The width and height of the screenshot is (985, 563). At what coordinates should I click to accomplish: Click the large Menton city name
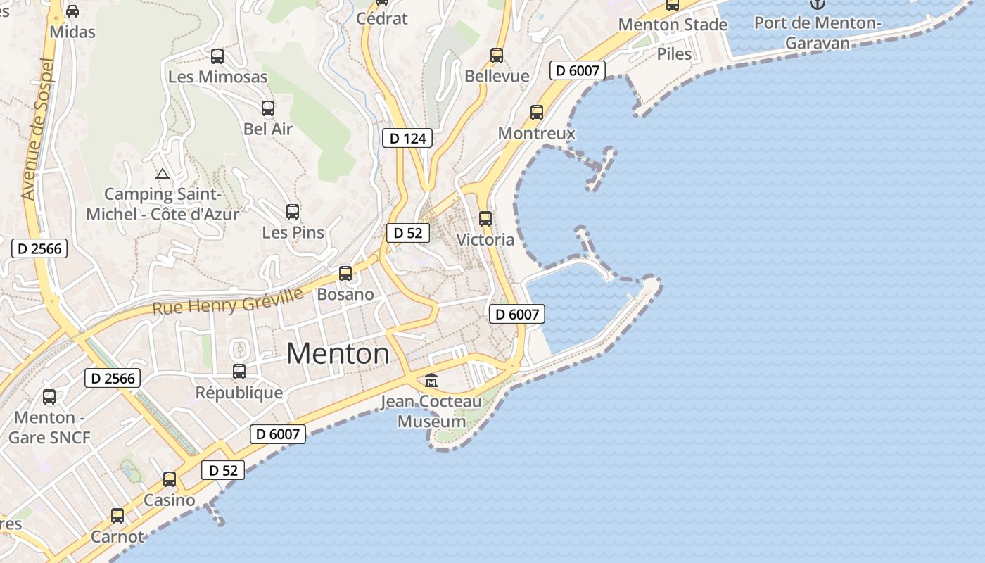click(338, 353)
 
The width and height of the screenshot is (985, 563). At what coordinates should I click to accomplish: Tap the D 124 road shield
click(408, 139)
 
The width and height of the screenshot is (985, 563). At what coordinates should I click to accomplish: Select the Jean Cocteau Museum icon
click(431, 381)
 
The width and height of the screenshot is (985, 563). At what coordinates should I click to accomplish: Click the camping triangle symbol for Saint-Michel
click(163, 174)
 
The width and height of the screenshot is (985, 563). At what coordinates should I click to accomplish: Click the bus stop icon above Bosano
click(345, 274)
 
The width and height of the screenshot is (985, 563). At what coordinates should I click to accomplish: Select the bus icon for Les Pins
click(293, 211)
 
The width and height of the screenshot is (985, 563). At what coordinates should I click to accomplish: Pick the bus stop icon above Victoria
click(485, 219)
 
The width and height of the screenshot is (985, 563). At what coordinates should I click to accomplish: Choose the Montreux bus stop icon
click(537, 113)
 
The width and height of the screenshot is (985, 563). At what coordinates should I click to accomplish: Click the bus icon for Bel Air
click(268, 108)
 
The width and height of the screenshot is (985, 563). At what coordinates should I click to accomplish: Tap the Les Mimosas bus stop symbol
click(217, 56)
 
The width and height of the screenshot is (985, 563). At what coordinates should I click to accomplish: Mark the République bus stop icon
click(239, 372)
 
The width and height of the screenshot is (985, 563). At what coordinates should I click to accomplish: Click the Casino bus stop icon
click(170, 479)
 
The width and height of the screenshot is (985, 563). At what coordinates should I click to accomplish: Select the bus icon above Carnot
click(117, 516)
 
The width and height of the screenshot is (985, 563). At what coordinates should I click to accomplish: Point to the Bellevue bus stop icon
click(497, 56)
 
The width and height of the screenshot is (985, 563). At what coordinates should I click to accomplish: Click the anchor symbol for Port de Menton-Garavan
click(817, 4)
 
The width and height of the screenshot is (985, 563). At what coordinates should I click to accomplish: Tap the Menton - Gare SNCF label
click(49, 427)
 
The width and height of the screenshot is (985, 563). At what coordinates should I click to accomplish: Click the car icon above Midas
click(72, 11)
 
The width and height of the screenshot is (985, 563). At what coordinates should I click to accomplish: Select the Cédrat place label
click(382, 18)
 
